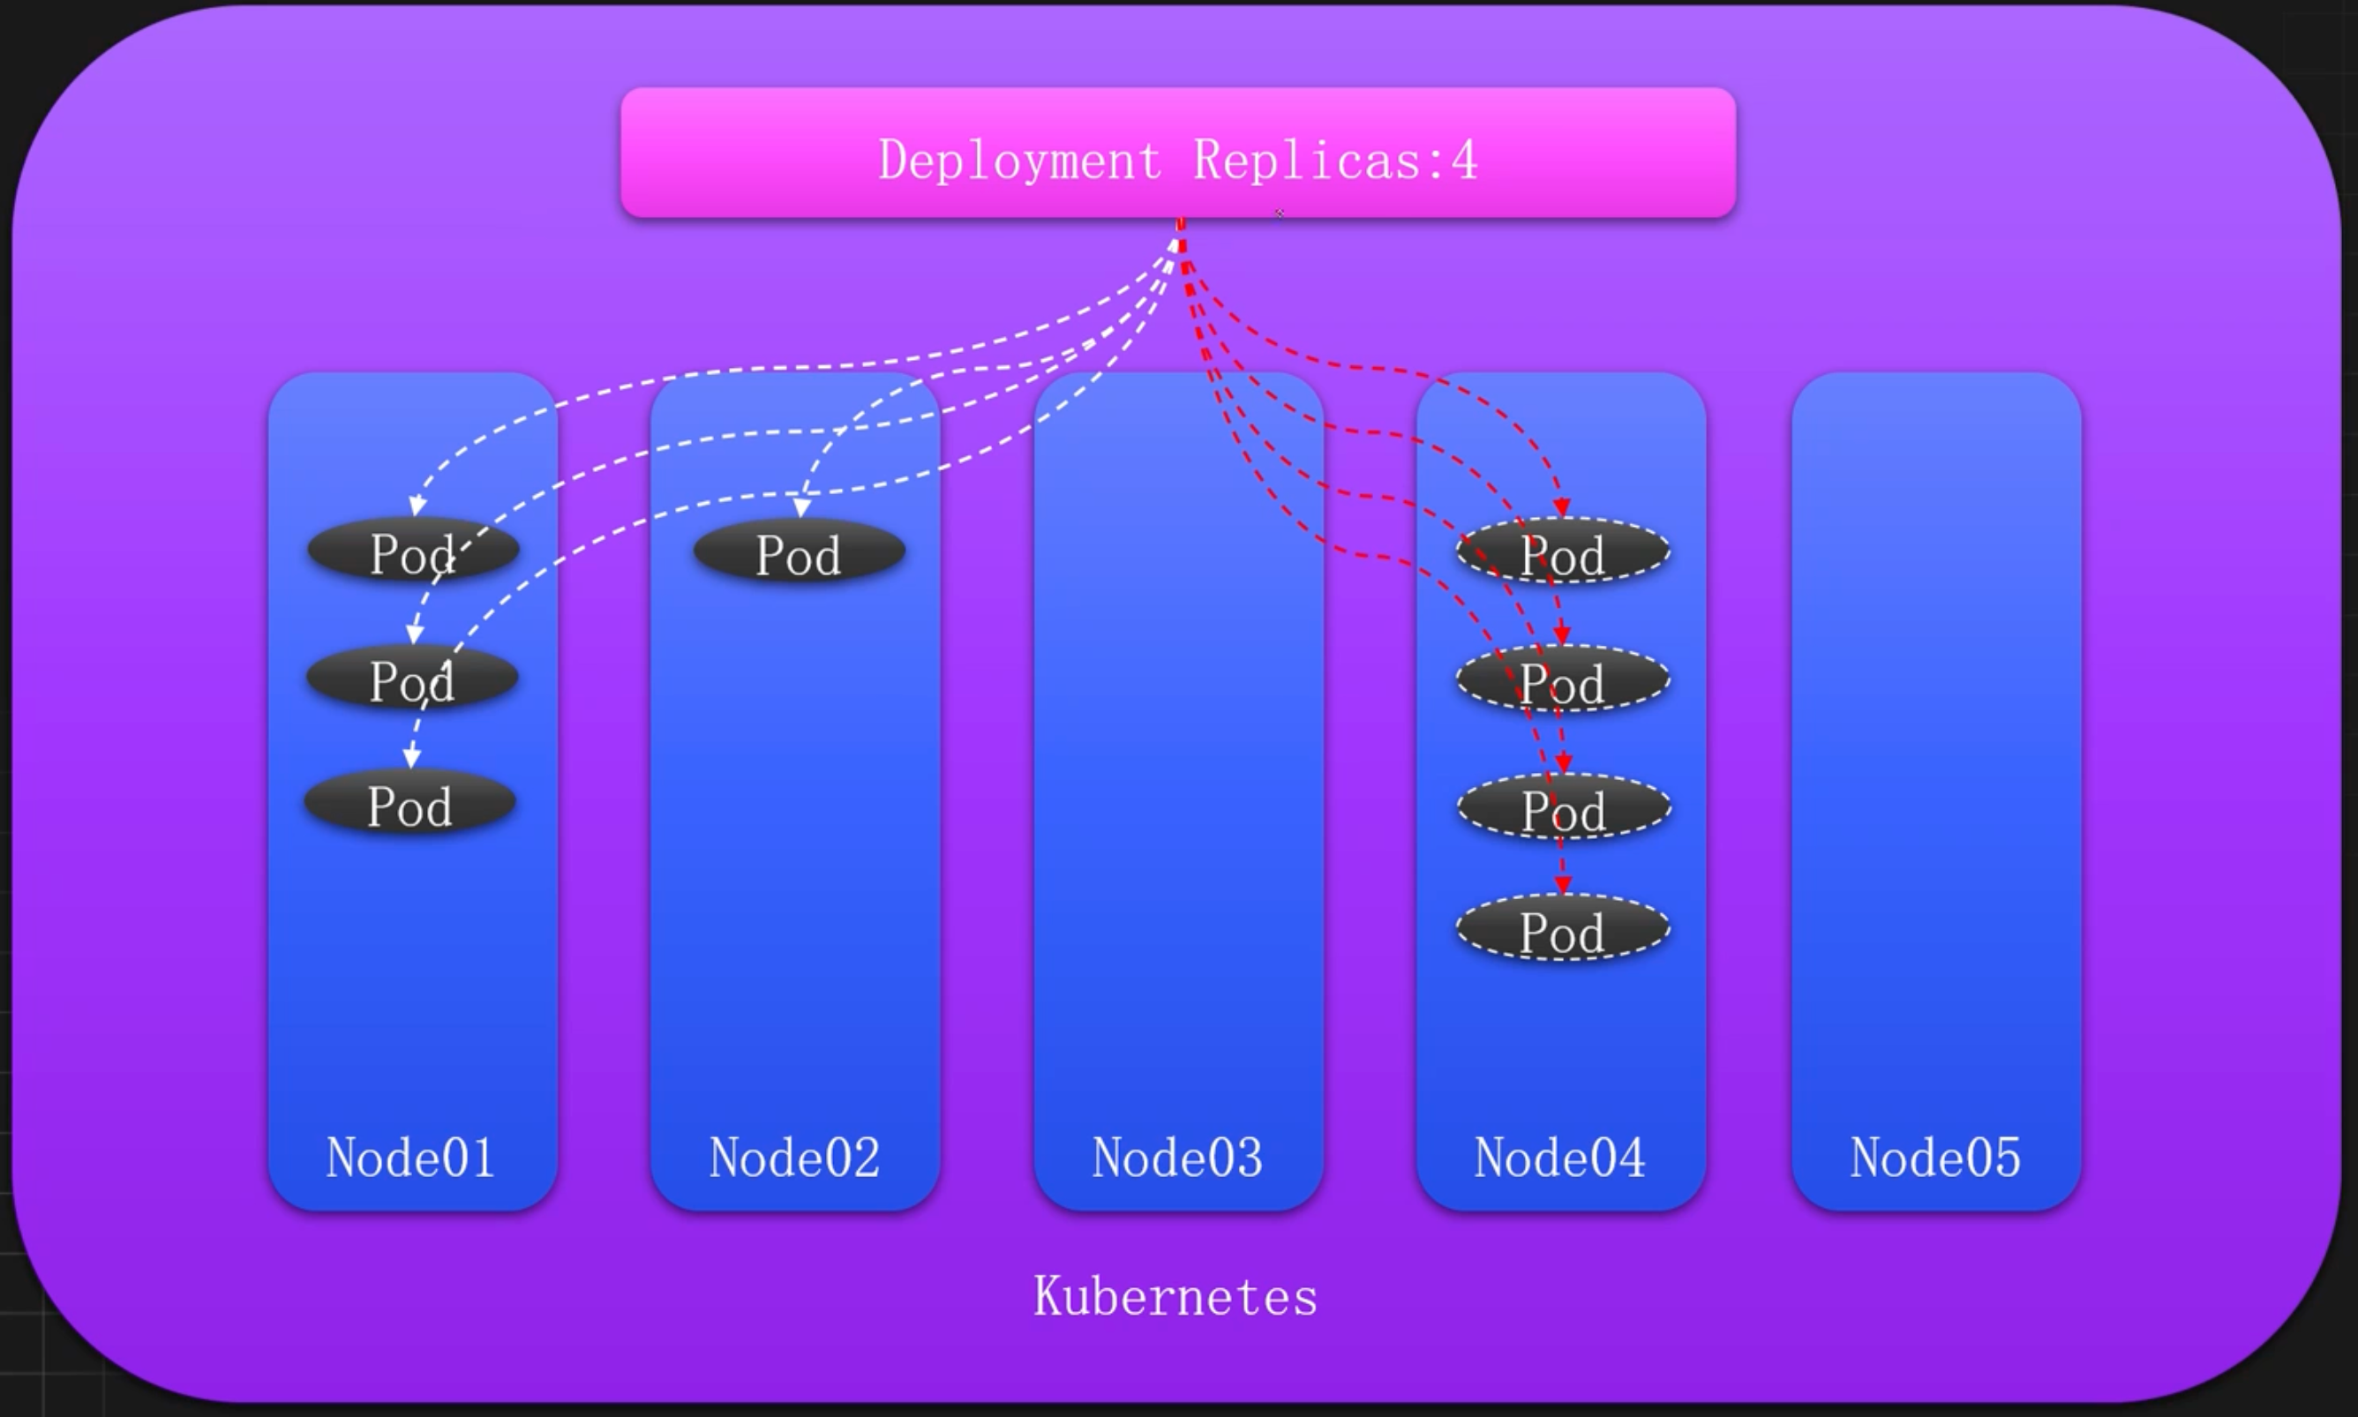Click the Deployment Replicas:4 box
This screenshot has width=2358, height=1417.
pyautogui.click(x=1177, y=153)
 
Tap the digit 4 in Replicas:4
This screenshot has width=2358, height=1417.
pyautogui.click(x=1465, y=161)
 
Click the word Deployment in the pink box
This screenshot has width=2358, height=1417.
pyautogui.click(x=1019, y=161)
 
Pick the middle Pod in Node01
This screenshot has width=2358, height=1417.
pyautogui.click(x=413, y=679)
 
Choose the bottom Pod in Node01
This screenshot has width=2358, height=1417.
pyautogui.click(x=409, y=805)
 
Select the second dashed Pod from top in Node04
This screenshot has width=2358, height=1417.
pyautogui.click(x=1563, y=681)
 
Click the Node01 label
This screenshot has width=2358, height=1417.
pyautogui.click(x=410, y=1158)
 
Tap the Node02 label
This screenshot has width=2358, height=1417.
pyautogui.click(x=794, y=1158)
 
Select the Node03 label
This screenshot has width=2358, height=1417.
pyautogui.click(x=1177, y=1158)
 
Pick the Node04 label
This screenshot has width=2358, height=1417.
pyautogui.click(x=1559, y=1158)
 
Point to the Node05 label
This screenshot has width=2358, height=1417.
pyautogui.click(x=1936, y=1158)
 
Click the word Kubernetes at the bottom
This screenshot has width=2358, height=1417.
pyautogui.click(x=1175, y=1297)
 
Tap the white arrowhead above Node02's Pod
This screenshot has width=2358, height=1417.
pyautogui.click(x=802, y=508)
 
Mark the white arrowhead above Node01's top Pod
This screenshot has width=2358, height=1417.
pyautogui.click(x=417, y=506)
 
